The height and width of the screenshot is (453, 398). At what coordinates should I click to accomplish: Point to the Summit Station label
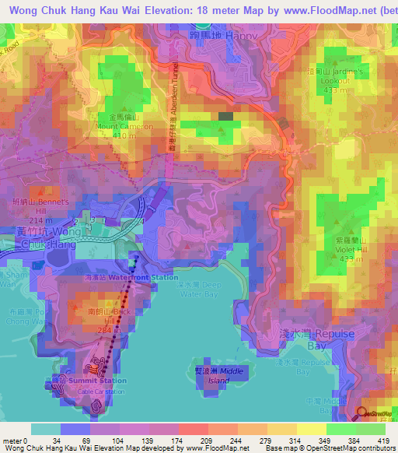point(96,381)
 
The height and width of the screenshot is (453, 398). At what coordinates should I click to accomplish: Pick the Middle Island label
point(219,377)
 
